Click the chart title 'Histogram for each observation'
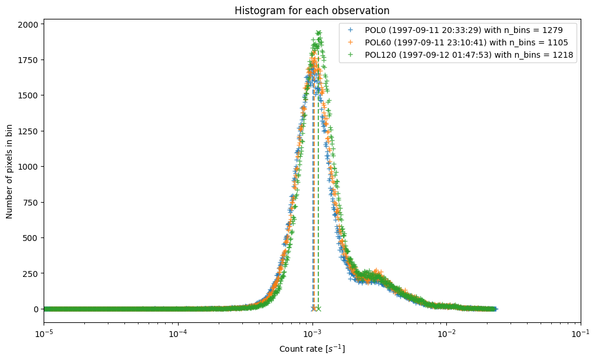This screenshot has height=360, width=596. [x=312, y=11]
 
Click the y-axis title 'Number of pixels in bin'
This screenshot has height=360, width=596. [x=10, y=171]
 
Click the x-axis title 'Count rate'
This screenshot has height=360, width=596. [x=312, y=349]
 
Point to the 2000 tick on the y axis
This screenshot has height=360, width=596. [x=29, y=24]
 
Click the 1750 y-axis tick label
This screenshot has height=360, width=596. [x=29, y=60]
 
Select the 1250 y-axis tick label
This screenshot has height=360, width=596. [x=29, y=131]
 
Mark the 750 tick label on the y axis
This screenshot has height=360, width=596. [x=31, y=202]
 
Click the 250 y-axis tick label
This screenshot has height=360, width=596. [x=31, y=273]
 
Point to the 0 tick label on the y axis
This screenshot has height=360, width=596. [x=37, y=309]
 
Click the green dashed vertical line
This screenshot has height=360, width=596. [x=318, y=236]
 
